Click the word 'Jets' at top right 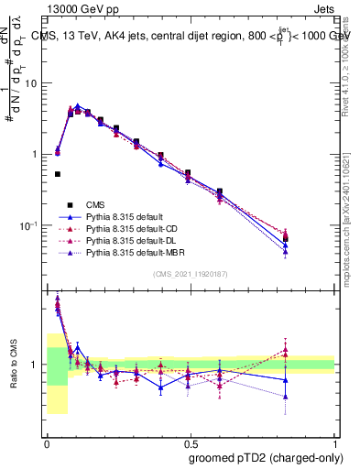(323, 6)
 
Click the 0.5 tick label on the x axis (191, 444)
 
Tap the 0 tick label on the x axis (47, 444)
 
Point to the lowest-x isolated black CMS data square (57, 174)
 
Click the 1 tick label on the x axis (334, 444)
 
